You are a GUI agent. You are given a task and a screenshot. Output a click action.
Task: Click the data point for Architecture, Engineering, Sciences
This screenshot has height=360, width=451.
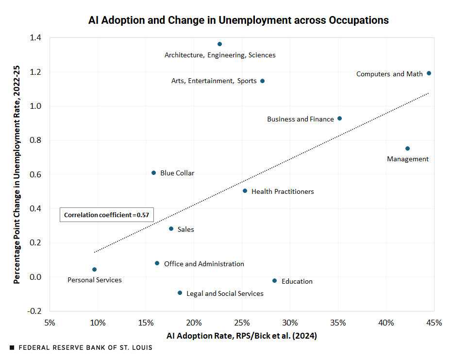point(219,44)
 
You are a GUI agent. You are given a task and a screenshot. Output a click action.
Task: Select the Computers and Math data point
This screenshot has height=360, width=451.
point(429,73)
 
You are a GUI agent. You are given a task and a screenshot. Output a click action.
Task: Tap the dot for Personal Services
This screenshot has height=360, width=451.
point(94,269)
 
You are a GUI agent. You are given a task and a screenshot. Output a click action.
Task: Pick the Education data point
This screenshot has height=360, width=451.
point(275,281)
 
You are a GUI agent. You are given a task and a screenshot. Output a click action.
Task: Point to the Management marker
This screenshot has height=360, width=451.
point(407,149)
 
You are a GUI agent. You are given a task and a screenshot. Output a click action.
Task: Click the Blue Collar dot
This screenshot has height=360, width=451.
point(153,173)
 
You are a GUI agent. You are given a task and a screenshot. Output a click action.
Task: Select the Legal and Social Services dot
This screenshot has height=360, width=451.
point(180,293)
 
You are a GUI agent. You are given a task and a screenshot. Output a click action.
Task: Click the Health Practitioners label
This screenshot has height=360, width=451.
point(283,191)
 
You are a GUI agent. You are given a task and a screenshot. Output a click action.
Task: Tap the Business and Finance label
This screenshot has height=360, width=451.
point(300,119)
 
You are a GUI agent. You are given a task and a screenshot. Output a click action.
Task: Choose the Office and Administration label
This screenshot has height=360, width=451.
point(204,264)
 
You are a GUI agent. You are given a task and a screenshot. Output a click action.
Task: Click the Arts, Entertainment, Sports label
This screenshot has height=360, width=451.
point(214,81)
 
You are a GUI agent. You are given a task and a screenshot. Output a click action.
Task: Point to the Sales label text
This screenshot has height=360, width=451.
point(185,229)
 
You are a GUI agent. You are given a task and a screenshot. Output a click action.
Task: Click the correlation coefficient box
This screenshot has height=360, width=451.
point(106,215)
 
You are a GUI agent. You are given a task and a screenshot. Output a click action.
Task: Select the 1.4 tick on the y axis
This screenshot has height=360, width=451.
point(35,38)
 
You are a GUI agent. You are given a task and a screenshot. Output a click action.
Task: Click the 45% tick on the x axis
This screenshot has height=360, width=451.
point(434,323)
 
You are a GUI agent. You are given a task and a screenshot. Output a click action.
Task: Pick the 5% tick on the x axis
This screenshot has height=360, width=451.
point(50,323)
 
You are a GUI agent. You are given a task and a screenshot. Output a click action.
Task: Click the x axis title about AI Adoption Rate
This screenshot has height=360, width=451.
point(242,336)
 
